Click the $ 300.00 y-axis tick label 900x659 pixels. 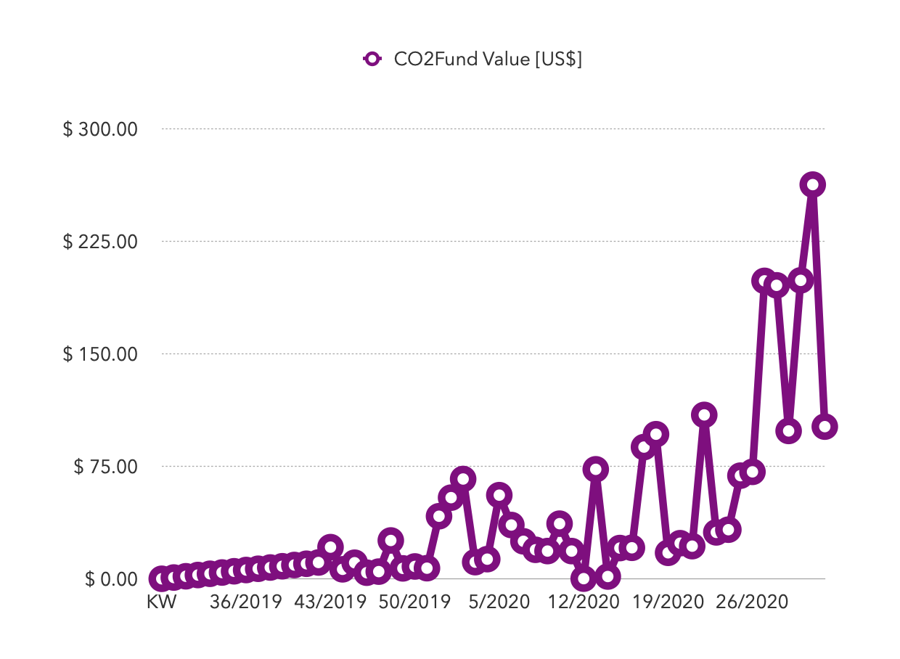pos(100,129)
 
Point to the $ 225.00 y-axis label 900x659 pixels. pos(100,242)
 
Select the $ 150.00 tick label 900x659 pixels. pos(100,354)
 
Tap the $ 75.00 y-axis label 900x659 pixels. pos(105,467)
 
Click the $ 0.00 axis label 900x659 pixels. pos(110,579)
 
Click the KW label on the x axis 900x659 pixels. pos(162,603)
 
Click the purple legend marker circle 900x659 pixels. pos(372,60)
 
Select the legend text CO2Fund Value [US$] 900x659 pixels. pos(488,60)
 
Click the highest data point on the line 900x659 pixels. pos(812,185)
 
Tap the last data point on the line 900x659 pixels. pos(825,426)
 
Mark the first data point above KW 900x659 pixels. pos(162,578)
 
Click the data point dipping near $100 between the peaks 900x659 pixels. pos(788,430)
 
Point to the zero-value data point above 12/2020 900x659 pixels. pos(584,578)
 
